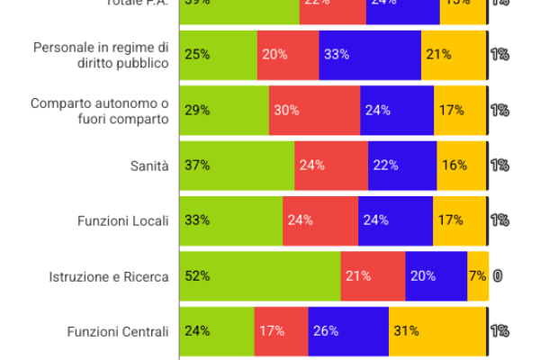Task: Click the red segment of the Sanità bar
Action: click(331, 166)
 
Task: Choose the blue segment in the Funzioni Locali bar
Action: click(395, 220)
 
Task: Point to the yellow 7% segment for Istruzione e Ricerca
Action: click(478, 276)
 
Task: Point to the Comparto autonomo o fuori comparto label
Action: click(99, 110)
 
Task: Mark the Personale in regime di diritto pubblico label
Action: click(100, 55)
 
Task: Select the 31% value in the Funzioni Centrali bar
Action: click(406, 331)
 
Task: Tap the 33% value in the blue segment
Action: click(337, 54)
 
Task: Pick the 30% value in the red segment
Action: click(286, 110)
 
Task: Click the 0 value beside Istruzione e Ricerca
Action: click(497, 276)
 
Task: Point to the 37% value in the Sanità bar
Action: click(197, 166)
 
